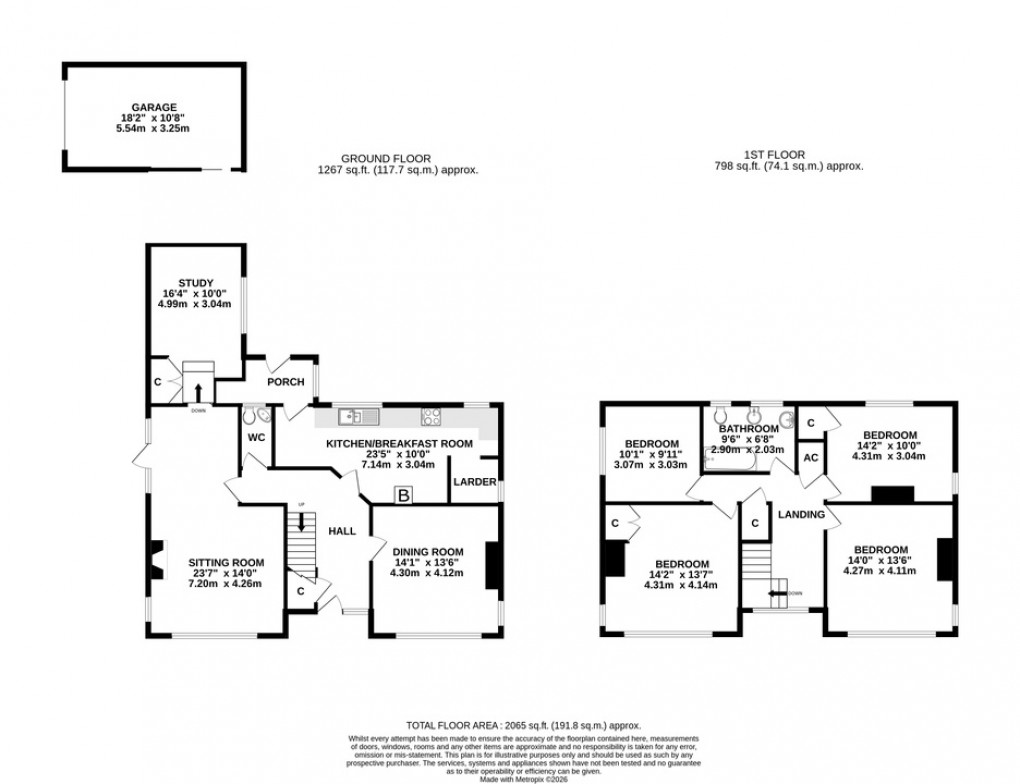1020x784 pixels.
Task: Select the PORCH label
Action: click(285, 382)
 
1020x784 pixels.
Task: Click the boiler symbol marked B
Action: click(404, 494)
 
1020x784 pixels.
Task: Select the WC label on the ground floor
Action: click(254, 438)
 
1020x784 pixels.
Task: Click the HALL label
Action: click(342, 531)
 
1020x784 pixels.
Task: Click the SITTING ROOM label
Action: click(226, 562)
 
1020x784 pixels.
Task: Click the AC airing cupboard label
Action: click(811, 458)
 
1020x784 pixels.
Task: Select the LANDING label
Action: click(801, 515)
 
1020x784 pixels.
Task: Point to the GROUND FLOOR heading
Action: click(386, 158)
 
